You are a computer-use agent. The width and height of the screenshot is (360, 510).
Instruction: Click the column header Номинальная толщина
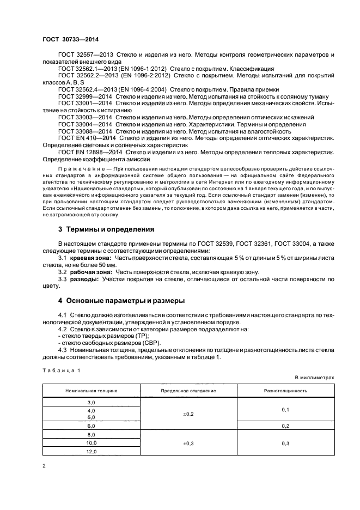point(91,391)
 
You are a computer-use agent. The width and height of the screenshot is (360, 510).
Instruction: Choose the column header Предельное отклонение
point(188,391)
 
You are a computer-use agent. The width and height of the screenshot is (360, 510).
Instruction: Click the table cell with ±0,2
point(188,414)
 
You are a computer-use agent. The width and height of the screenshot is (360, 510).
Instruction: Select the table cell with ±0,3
point(188,444)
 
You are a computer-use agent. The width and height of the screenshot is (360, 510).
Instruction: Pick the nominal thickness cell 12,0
point(91,452)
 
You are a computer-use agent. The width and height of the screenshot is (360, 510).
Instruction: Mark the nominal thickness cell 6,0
point(91,426)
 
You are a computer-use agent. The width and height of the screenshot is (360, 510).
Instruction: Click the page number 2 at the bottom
point(44,466)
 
